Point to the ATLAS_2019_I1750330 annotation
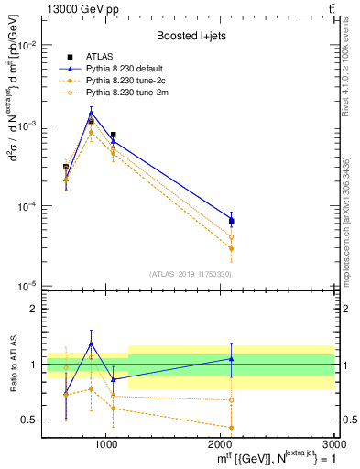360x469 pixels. click(x=191, y=273)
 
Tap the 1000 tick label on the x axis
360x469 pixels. click(x=106, y=444)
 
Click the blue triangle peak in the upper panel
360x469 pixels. click(x=91, y=114)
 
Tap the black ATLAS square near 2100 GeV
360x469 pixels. click(x=231, y=222)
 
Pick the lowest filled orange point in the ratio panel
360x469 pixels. click(x=231, y=427)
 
